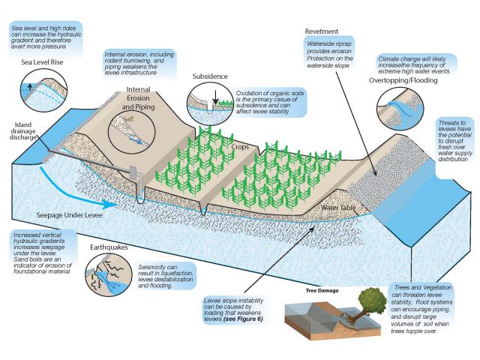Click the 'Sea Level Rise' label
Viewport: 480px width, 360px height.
(42, 62)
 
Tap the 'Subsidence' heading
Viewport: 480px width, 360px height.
(210, 76)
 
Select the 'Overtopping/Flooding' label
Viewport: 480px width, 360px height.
(403, 80)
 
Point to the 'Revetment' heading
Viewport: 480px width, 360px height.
(322, 31)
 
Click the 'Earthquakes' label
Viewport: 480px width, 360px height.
(109, 247)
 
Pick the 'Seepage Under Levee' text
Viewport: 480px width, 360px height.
(70, 215)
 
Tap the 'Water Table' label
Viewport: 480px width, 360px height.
(338, 208)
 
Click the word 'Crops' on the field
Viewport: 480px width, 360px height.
(240, 147)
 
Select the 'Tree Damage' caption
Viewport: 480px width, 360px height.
(322, 290)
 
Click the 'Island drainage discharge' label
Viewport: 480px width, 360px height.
(23, 131)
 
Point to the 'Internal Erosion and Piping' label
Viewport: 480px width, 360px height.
(138, 98)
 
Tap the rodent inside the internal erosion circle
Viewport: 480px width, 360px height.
(129, 119)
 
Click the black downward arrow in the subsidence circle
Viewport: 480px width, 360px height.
(215, 97)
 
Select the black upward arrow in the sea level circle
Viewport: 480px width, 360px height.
(30, 87)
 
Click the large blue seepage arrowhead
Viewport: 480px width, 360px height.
(108, 204)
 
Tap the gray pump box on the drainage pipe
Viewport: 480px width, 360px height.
(133, 172)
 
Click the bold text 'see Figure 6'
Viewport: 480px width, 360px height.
(243, 319)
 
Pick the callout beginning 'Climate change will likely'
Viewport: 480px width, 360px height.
(414, 65)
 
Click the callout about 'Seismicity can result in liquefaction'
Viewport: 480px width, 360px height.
(165, 276)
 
